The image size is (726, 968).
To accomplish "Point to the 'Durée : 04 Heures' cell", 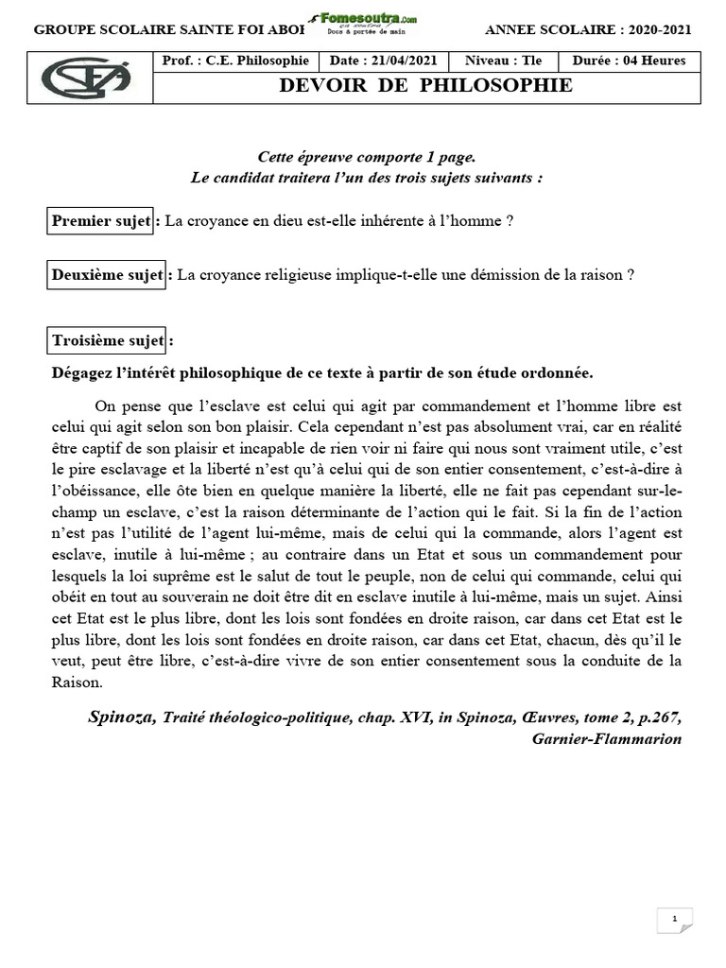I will (629, 61).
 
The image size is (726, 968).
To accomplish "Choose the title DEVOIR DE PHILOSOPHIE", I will (425, 86).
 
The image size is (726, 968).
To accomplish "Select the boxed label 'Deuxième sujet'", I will (107, 275).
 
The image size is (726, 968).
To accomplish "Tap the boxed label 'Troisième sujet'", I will (107, 340).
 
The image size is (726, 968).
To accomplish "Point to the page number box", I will (674, 919).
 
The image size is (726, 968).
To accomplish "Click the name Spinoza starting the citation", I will (123, 717).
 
